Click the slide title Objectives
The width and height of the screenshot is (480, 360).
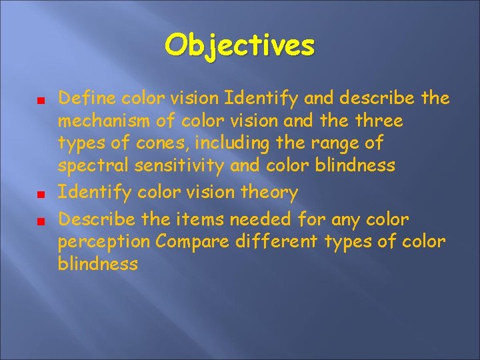(240, 46)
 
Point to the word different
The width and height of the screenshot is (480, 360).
(277, 242)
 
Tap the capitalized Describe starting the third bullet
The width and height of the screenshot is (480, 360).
(96, 220)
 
